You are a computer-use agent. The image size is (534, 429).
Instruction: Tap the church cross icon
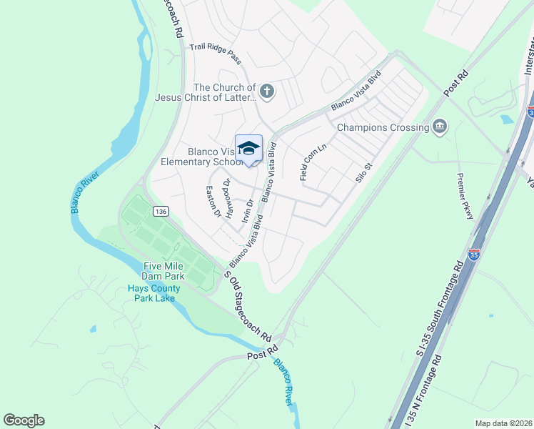coord(266,91)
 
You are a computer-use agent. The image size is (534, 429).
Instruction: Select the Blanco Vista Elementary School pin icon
coord(248,149)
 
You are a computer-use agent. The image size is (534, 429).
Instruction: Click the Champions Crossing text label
coord(383,127)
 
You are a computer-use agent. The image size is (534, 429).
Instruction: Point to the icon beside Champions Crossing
coord(440,127)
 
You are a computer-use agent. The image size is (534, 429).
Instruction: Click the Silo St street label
coord(365,173)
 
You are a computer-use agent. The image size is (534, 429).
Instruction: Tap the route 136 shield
coord(161,211)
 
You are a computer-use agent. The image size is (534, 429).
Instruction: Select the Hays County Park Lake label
coord(153,293)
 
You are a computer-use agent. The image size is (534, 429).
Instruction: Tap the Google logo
coord(24,420)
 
